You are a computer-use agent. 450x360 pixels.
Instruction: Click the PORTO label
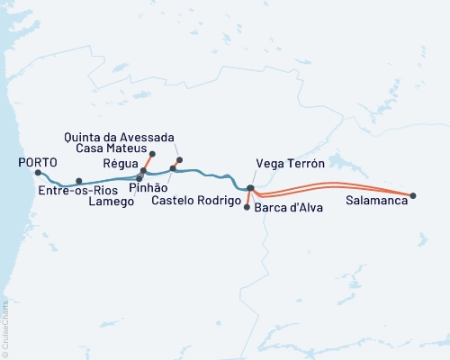point(38,162)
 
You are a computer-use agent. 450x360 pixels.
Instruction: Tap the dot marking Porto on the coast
point(39,172)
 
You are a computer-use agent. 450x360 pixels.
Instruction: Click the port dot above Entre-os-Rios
point(79,181)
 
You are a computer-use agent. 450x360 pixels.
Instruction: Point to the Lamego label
point(112,202)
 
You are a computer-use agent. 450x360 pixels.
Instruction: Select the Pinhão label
point(148,190)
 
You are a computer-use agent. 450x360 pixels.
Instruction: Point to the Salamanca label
point(375,202)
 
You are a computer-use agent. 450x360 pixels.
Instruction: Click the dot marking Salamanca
point(413,195)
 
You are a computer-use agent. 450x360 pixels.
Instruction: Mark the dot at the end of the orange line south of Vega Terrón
point(247,207)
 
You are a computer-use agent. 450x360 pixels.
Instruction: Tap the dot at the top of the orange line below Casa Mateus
point(151,154)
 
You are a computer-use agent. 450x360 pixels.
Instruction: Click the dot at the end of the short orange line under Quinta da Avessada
point(180,160)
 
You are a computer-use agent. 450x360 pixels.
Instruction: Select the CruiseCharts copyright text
point(5,328)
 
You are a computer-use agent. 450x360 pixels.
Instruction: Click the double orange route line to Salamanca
point(333,185)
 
